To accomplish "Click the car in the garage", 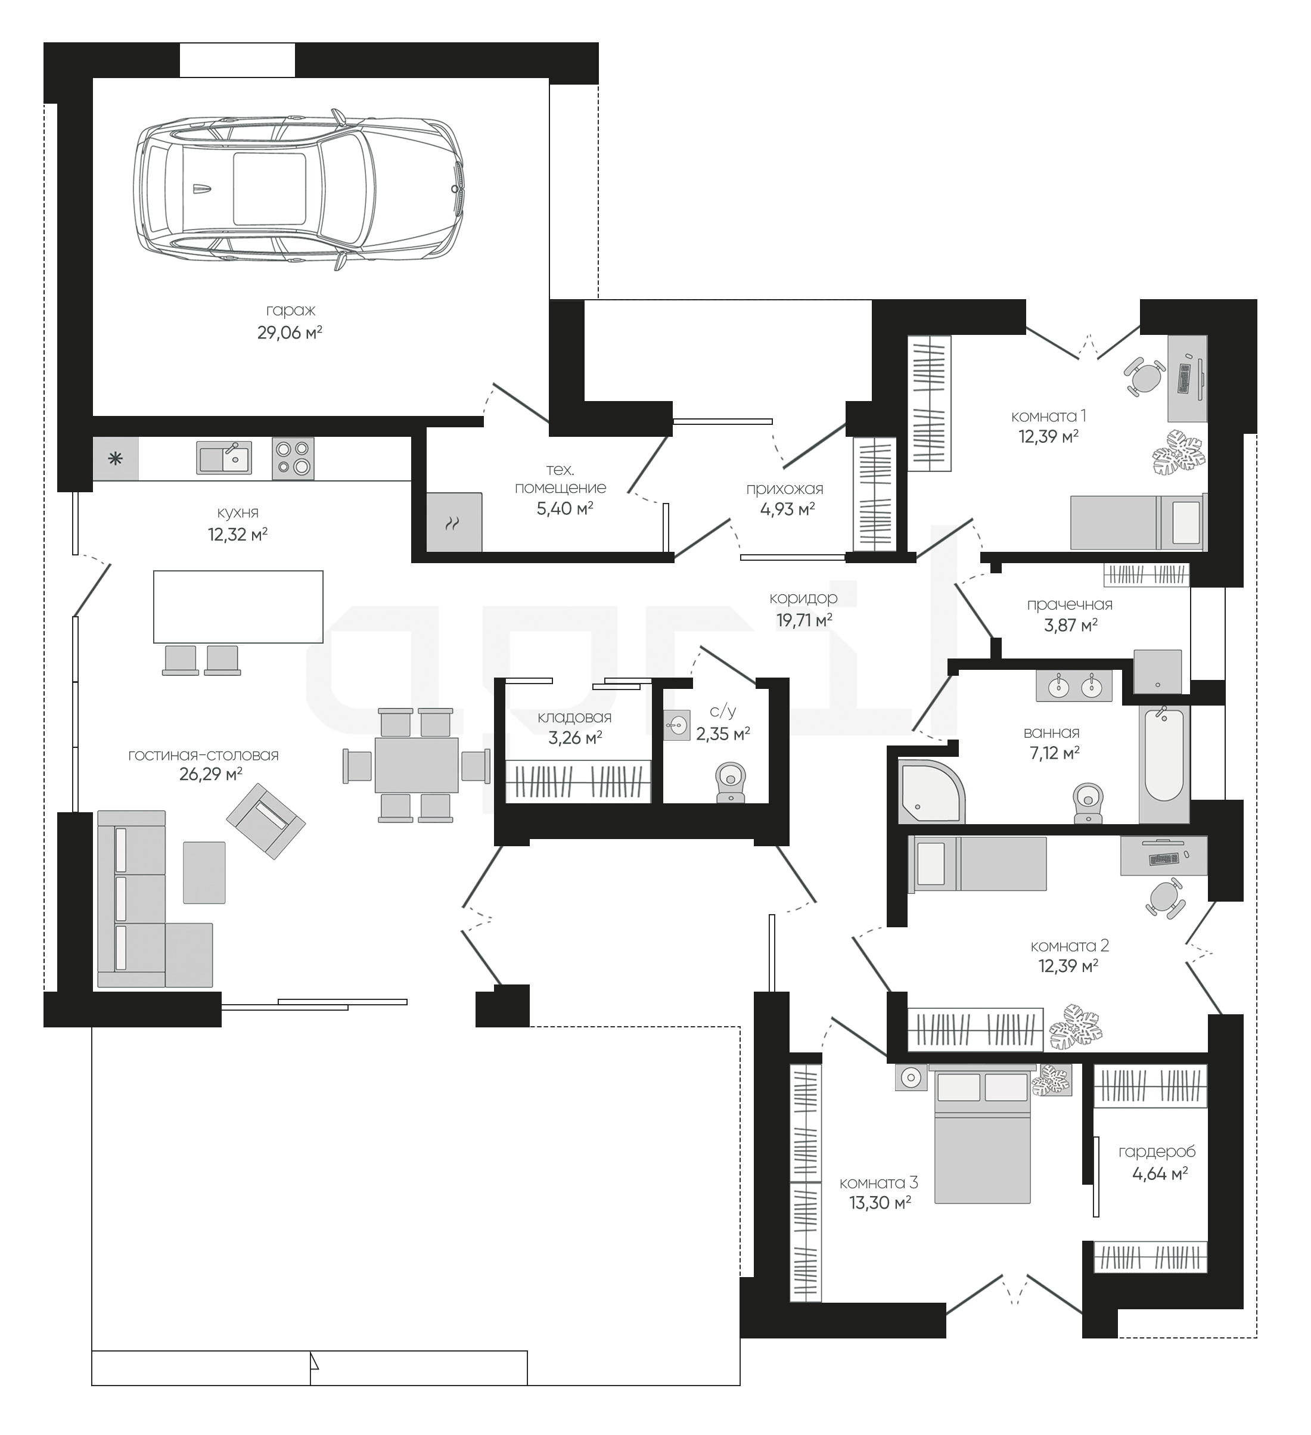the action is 299,190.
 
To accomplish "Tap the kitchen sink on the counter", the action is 223,457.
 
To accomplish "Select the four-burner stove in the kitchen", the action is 293,458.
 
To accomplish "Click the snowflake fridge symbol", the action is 115,458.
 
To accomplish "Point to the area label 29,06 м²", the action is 290,333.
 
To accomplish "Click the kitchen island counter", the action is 238,607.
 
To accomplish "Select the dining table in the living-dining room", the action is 417,765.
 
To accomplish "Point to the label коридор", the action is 803,598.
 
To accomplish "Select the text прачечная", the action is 1070,604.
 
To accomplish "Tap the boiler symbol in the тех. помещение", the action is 453,523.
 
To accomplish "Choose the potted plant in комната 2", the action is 1076,1026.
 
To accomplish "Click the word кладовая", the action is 574,717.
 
